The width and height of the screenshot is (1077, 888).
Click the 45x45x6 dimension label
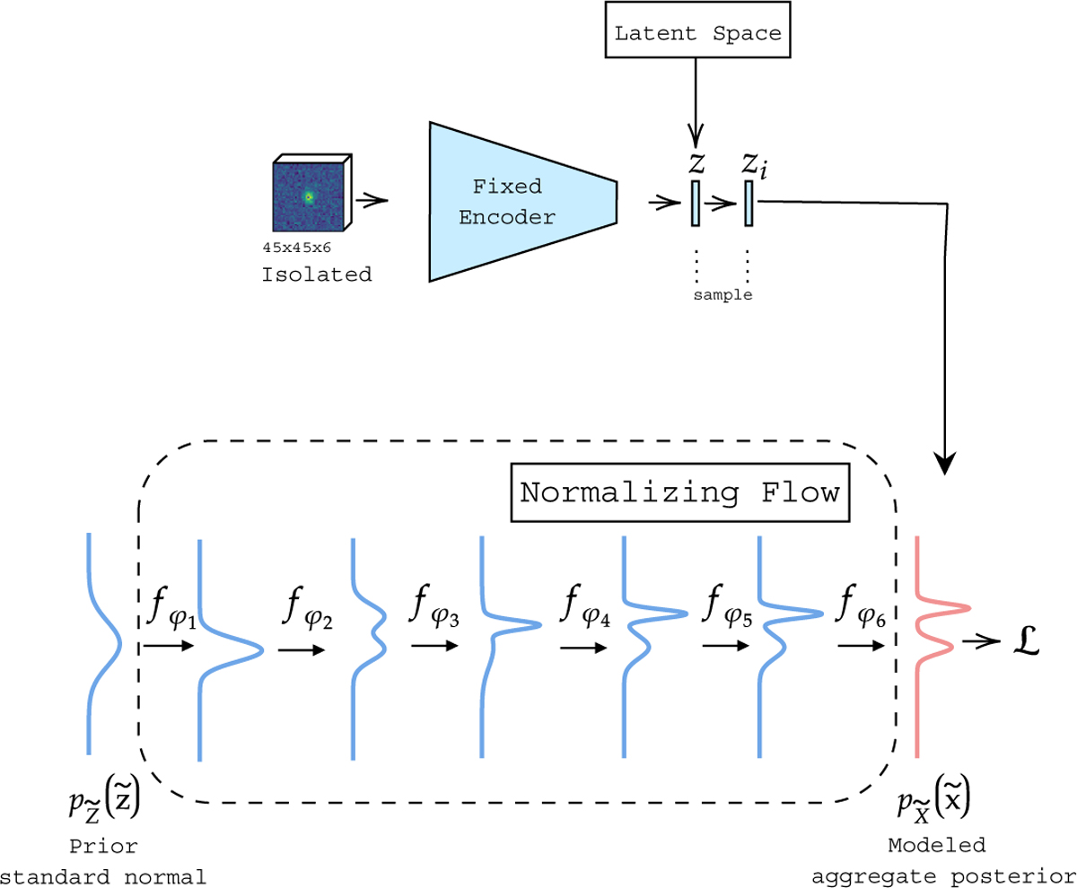[297, 245]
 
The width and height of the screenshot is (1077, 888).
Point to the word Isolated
[316, 274]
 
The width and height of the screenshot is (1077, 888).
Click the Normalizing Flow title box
[679, 492]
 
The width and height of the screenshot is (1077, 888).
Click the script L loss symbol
[1021, 642]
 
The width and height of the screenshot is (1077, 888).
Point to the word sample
[722, 294]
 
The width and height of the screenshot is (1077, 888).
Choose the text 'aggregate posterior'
[941, 875]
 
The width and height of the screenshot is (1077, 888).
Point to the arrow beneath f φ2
[302, 651]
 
